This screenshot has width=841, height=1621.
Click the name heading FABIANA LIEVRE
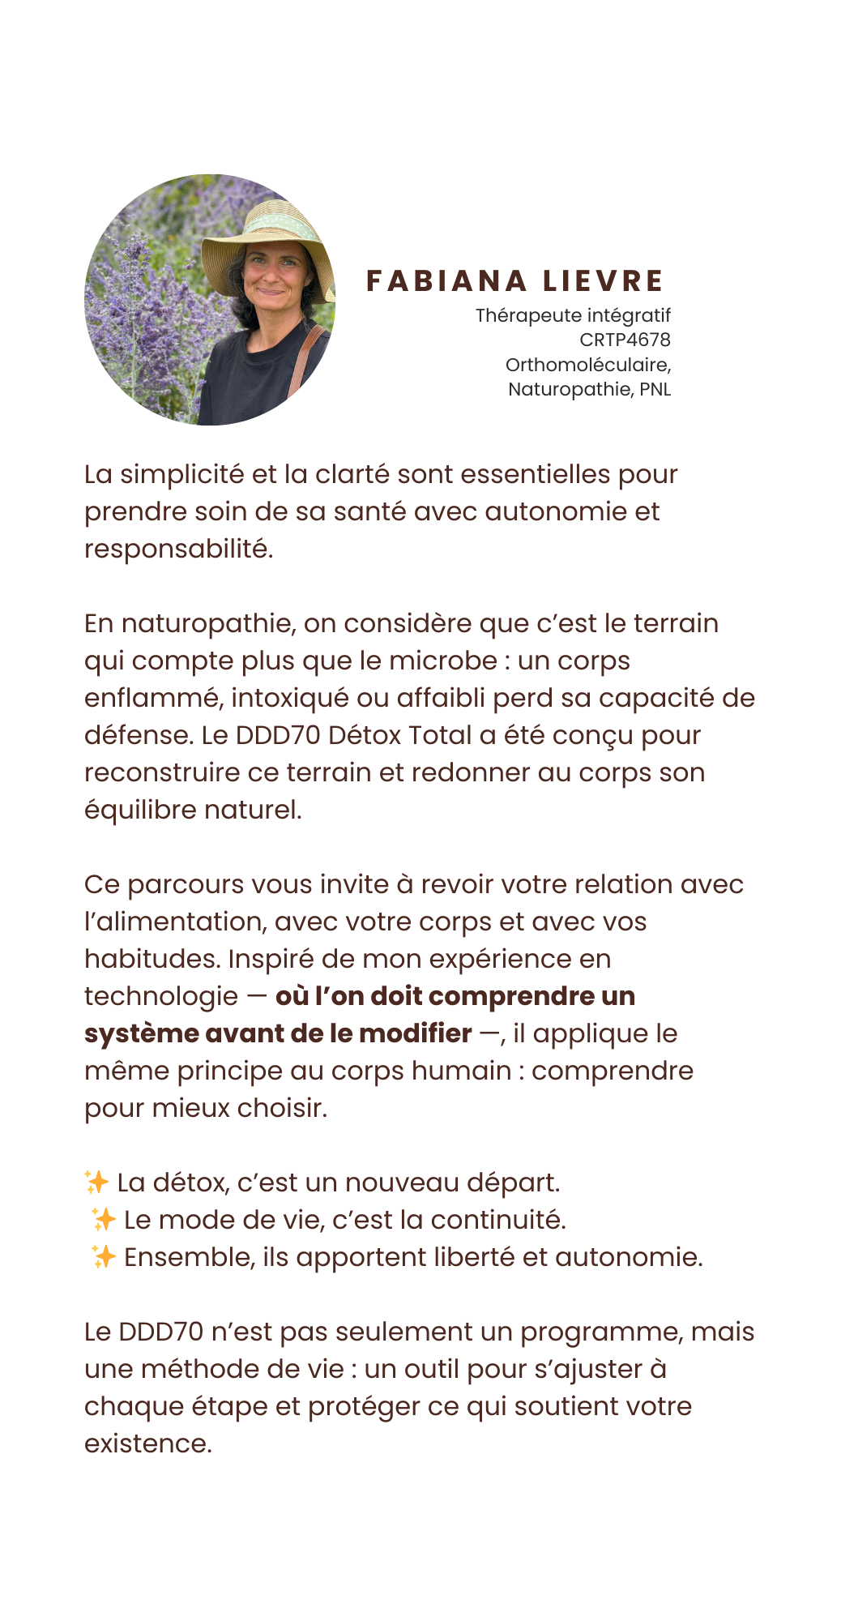point(514,281)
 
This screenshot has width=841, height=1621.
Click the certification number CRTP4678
point(625,340)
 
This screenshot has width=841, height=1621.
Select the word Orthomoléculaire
point(587,365)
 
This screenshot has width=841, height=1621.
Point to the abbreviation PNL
point(655,389)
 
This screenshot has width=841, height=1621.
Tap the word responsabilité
point(178,549)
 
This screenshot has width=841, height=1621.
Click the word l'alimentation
point(175,922)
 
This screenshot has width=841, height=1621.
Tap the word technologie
point(161,996)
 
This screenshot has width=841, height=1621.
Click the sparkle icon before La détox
point(96,1183)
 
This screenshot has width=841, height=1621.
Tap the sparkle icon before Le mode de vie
point(103,1220)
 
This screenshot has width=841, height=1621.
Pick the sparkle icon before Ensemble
point(103,1257)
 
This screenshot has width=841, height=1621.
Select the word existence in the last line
point(147,1444)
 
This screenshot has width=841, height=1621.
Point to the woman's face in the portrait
point(271,276)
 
